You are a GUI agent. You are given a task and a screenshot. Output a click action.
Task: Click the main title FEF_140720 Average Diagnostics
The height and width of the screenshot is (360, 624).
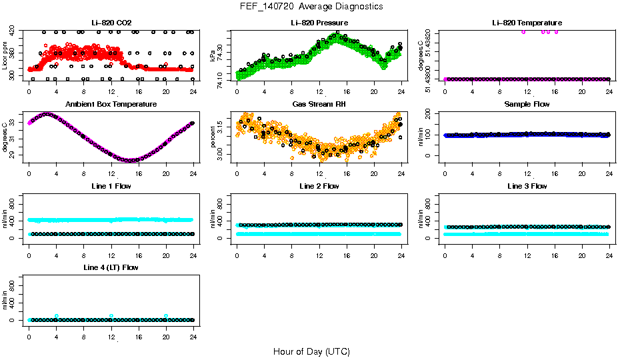pos(312,6)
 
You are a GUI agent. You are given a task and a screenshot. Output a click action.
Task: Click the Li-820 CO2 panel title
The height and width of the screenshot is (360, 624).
pos(111,23)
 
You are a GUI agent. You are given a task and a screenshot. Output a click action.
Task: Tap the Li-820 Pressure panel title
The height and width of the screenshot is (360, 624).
pos(319,23)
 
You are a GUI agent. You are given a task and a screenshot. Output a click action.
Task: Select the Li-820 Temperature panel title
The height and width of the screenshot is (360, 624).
pos(526,23)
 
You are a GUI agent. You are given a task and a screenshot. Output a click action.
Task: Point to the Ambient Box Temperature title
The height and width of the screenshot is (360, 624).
pos(111,105)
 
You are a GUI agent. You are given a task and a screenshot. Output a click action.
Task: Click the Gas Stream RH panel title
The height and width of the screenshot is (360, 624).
pos(319,105)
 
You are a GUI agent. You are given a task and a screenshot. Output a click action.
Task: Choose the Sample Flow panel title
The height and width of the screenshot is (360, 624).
pos(527,105)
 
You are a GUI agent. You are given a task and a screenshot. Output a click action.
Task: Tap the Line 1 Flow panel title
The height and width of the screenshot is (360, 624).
pos(111,186)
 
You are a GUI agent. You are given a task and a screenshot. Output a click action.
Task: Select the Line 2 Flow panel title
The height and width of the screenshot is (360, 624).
pos(319,186)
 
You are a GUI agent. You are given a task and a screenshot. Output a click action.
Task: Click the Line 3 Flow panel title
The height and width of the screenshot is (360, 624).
pos(527,186)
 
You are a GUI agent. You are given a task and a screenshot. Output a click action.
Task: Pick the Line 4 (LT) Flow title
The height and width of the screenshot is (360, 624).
pos(111,267)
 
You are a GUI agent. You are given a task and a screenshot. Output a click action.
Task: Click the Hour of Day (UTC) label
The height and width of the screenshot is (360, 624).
pos(311,351)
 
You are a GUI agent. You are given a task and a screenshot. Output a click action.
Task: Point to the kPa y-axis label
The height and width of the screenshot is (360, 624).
pos(213,55)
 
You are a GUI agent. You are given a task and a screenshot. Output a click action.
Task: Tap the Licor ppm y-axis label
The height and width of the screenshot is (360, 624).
pos(5,55)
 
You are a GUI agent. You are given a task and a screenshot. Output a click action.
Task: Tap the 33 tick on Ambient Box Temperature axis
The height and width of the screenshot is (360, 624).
pos(13,122)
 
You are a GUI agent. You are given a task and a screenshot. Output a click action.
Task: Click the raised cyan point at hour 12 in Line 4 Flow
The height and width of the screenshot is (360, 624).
pos(111,316)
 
